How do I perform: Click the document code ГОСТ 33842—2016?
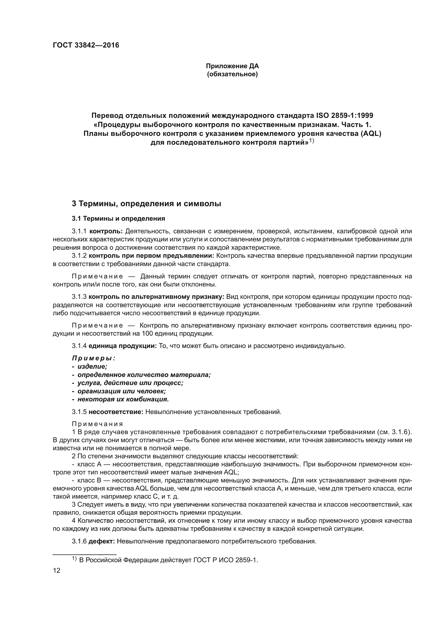point(86,45)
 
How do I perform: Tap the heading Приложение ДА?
point(232,66)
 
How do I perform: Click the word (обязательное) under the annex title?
point(232,74)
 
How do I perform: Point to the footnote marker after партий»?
point(312,141)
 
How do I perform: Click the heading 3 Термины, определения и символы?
point(146,204)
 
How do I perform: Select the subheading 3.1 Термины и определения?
point(118,219)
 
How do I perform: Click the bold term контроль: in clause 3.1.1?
point(106,231)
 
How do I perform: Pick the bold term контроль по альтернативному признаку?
point(157,297)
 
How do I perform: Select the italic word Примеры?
point(93,358)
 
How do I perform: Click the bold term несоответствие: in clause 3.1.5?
point(116,412)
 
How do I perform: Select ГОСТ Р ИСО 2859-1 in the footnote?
point(225,560)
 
